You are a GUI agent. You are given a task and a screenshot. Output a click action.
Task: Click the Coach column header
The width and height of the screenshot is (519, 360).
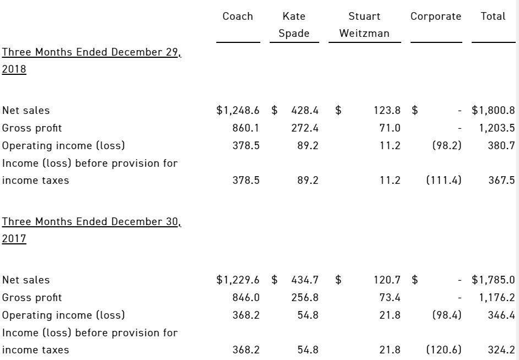pos(238,16)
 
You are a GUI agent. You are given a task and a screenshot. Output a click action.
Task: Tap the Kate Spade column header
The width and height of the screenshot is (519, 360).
pos(294,25)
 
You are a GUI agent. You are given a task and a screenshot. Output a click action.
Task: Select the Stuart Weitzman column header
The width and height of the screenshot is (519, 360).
pos(364,25)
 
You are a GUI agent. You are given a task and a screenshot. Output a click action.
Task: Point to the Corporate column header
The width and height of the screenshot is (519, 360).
pos(435,17)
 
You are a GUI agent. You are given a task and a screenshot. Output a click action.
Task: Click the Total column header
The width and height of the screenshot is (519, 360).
pos(493,16)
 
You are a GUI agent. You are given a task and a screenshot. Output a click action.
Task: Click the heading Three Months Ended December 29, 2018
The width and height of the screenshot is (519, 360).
pos(91,61)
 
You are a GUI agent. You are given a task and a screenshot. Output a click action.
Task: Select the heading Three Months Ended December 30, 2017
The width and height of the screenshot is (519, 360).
pos(91,230)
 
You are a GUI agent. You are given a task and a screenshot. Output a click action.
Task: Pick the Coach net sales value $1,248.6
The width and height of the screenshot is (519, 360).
pos(238,110)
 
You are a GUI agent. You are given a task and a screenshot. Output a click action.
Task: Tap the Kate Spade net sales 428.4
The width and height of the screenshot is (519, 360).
pos(305,110)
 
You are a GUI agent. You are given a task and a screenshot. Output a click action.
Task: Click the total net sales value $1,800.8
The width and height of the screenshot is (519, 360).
pos(493,110)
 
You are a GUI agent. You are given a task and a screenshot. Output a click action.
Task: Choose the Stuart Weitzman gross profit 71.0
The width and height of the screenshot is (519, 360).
pos(390,128)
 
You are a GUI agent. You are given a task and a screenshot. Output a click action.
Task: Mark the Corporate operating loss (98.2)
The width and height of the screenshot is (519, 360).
pos(447,145)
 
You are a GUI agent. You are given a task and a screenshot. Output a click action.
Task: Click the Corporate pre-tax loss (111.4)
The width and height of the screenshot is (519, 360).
pos(444,180)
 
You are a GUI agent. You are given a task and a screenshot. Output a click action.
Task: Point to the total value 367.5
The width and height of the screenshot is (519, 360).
pos(501,180)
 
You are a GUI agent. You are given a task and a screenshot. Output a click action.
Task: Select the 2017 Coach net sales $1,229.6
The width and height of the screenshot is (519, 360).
pos(238,280)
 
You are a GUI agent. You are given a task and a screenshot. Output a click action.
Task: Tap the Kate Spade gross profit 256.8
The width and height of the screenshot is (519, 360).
pos(305,297)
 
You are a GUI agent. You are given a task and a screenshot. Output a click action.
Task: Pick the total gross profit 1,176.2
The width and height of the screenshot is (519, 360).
pos(497,297)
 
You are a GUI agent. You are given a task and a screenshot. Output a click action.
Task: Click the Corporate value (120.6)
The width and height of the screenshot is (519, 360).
pos(444,350)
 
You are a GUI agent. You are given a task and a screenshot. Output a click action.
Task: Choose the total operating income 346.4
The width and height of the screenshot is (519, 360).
pos(501,315)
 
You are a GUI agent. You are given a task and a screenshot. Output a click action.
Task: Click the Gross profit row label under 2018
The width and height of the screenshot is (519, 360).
pos(32,128)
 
